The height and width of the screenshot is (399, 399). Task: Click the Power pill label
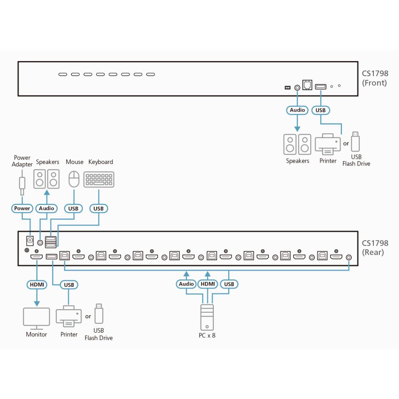[x=22, y=208]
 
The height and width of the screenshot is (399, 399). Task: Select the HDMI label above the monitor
[x=37, y=284]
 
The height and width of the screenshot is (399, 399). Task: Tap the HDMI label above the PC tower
[x=207, y=284]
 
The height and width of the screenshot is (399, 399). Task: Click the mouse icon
[x=74, y=179]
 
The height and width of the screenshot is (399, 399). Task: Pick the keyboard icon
[x=99, y=180]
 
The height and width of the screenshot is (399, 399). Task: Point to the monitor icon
[x=36, y=318]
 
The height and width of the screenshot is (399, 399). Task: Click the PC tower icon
[x=207, y=317]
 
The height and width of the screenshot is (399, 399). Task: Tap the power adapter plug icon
[x=22, y=183]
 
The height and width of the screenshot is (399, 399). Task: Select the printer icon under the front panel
[x=328, y=144]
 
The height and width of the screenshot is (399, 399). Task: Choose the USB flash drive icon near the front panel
[x=356, y=142]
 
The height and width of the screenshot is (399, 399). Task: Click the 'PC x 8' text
[x=207, y=336]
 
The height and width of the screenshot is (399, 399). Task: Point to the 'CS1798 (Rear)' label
[x=375, y=248]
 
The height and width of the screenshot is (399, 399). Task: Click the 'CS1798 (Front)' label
[x=375, y=78]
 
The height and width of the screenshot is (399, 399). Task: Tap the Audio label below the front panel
[x=297, y=110]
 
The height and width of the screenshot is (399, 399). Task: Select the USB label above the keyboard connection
[x=99, y=209]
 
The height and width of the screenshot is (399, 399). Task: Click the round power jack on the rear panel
[x=30, y=240]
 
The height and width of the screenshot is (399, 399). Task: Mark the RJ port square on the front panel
[x=307, y=85]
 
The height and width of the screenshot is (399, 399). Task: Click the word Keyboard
[x=101, y=162]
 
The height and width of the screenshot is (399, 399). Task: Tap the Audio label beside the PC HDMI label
[x=186, y=284]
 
